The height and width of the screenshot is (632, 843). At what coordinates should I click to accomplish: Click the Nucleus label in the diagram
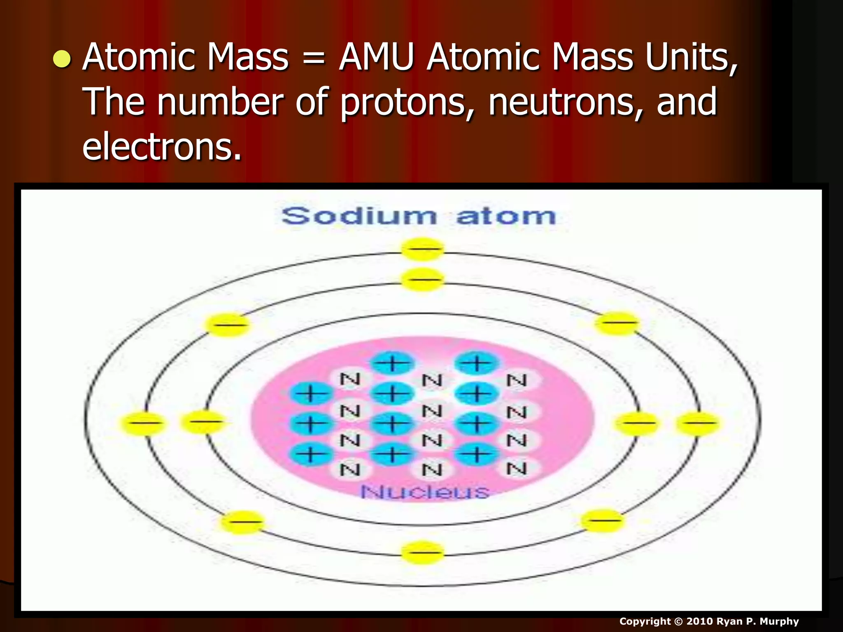(x=425, y=492)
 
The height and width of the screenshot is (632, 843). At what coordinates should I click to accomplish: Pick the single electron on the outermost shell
(x=422, y=249)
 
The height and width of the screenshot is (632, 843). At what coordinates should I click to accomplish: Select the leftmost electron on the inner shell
(x=203, y=422)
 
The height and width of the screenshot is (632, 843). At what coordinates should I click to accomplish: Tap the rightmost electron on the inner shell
(x=636, y=423)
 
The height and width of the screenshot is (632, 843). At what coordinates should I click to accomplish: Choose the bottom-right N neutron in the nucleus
(x=517, y=469)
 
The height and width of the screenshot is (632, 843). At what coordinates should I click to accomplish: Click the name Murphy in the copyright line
(x=779, y=621)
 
